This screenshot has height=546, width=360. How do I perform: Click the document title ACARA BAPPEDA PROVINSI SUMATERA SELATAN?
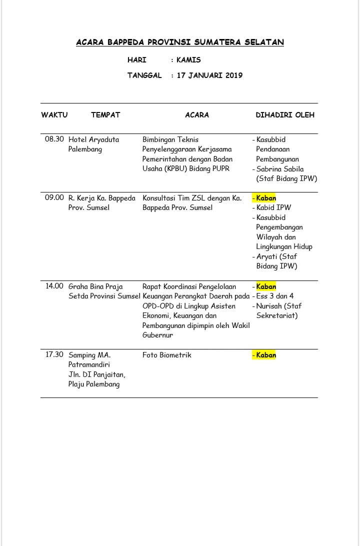coord(180,42)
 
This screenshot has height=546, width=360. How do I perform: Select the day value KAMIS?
coord(188,60)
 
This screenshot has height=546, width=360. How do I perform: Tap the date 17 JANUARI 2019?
coord(209,75)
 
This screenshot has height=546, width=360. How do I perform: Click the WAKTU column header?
coord(54,115)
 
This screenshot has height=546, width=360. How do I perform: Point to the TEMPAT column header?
coord(105,115)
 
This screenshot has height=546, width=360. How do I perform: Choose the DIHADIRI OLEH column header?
coord(285,115)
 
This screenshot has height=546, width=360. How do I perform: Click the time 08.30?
coord(54,139)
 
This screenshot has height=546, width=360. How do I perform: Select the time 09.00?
coord(54,198)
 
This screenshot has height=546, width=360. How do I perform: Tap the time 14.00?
coord(54,286)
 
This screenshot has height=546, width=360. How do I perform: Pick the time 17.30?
coord(54,355)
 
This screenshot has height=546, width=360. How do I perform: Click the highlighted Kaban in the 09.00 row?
coord(266,198)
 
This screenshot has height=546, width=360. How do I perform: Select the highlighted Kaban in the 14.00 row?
coord(266,286)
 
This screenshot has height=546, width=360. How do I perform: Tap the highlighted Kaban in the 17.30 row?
coord(266,355)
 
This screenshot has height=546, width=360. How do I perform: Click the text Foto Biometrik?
coord(167,355)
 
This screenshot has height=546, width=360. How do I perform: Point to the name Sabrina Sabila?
coord(280,169)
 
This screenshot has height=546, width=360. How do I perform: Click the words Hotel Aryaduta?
coord(94,139)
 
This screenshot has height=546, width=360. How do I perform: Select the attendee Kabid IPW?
coord(273,207)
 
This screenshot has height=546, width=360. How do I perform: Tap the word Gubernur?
coord(157,335)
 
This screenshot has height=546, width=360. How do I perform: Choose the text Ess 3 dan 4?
coord(275,296)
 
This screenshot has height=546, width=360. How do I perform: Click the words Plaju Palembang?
coord(94,384)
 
